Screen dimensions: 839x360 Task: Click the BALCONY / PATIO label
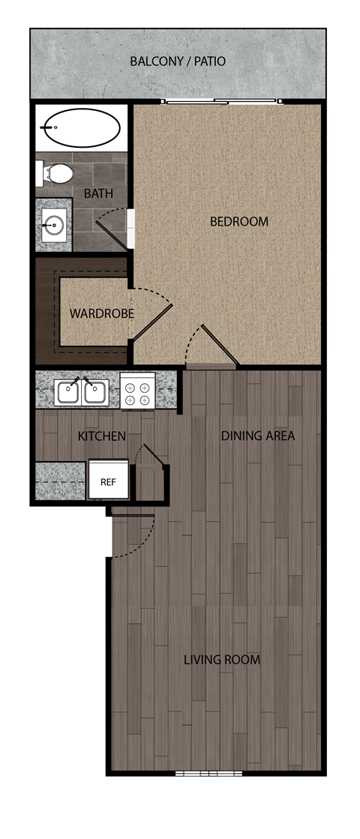click(x=178, y=61)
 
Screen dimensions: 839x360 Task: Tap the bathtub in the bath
click(x=80, y=128)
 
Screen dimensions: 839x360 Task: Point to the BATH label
click(x=98, y=193)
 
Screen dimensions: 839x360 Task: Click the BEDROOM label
click(x=238, y=221)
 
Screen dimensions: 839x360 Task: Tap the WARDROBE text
click(x=101, y=313)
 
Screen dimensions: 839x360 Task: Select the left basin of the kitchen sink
click(x=68, y=391)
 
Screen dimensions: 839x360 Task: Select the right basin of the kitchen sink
click(x=96, y=391)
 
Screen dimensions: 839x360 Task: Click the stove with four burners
click(x=137, y=392)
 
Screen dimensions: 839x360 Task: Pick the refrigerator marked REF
click(x=109, y=481)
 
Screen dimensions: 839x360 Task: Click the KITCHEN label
click(x=101, y=436)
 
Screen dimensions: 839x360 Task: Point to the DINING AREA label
click(x=257, y=436)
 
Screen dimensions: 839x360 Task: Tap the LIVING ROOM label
click(x=222, y=660)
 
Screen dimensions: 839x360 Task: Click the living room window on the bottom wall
click(x=198, y=772)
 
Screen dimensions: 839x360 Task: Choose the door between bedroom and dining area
click(x=210, y=349)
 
